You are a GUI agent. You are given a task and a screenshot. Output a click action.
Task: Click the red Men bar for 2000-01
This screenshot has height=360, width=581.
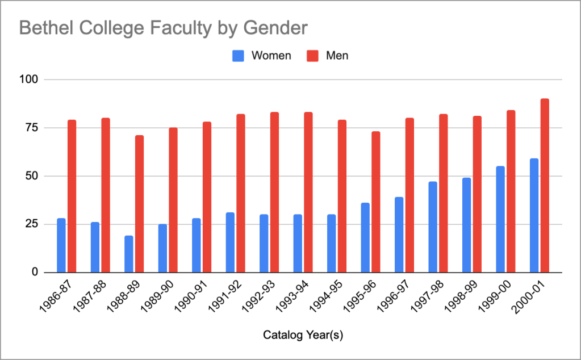tap(545, 186)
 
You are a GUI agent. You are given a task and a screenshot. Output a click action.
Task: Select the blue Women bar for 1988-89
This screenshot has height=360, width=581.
tap(129, 254)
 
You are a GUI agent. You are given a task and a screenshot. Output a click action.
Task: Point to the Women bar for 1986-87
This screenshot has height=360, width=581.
tap(61, 245)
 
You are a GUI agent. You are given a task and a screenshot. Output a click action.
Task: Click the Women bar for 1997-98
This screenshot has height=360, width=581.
tap(433, 227)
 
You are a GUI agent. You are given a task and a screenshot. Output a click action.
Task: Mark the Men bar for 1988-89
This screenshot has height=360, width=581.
tap(140, 204)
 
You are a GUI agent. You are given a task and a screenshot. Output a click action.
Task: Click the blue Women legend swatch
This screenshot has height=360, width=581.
tap(239, 56)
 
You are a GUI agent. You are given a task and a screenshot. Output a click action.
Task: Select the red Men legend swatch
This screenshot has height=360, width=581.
tap(313, 56)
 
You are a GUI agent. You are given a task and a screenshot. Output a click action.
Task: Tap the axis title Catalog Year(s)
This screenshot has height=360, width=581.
tap(303, 336)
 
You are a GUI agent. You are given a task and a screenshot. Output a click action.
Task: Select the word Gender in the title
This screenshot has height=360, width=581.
tap(278, 28)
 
